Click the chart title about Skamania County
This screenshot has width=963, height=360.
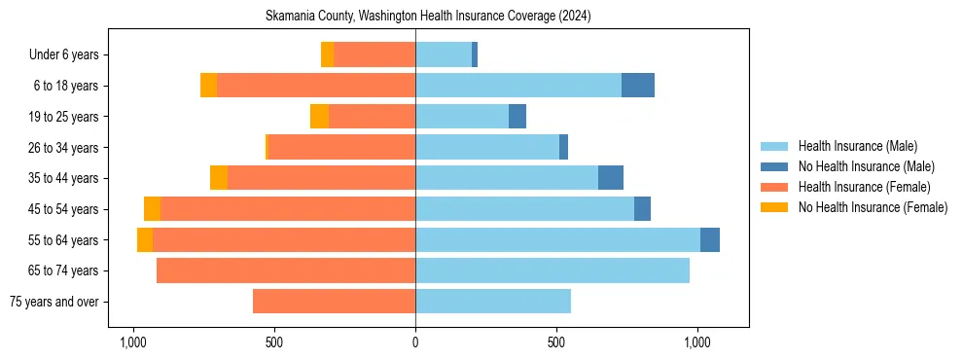pos(428,17)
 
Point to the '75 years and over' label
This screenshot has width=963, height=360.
pos(53,302)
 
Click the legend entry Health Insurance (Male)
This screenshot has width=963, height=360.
pos(857,146)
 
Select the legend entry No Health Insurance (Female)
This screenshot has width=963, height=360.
pos(873,207)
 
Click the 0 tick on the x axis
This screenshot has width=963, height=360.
pos(415,343)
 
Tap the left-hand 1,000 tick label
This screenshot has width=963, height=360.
pos(133,343)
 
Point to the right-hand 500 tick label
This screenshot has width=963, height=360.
pos(556,343)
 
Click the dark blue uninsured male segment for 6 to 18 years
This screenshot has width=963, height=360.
pos(638,86)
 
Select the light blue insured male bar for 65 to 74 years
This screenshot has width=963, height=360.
pos(553,270)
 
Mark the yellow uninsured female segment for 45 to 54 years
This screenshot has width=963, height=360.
pos(152,209)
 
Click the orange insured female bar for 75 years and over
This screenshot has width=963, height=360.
pos(334,302)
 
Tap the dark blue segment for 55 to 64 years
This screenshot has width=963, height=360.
pos(710,239)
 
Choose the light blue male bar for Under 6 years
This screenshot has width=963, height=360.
pos(444,54)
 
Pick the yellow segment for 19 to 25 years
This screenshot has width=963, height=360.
pos(319,117)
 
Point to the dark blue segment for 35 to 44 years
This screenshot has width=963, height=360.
pos(611,178)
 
